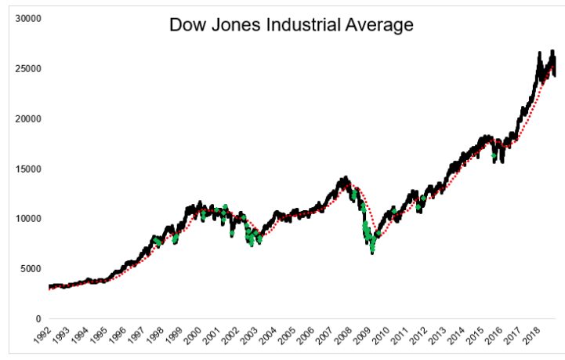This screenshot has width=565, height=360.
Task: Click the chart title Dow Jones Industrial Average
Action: (x=291, y=25)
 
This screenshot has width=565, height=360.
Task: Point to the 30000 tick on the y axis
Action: (x=27, y=18)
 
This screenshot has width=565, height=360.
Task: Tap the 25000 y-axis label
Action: (x=27, y=68)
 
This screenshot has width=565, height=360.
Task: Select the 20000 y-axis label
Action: (x=27, y=118)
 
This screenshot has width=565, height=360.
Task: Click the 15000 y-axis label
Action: (x=27, y=169)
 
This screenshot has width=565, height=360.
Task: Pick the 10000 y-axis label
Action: (x=27, y=219)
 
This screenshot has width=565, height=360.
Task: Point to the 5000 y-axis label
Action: (x=29, y=268)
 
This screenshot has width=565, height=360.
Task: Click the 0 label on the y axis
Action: (x=38, y=318)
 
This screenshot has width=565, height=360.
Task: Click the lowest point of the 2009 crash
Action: (x=372, y=253)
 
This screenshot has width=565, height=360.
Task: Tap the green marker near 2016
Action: (x=494, y=156)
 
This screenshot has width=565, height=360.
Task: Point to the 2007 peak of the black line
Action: (x=345, y=179)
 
